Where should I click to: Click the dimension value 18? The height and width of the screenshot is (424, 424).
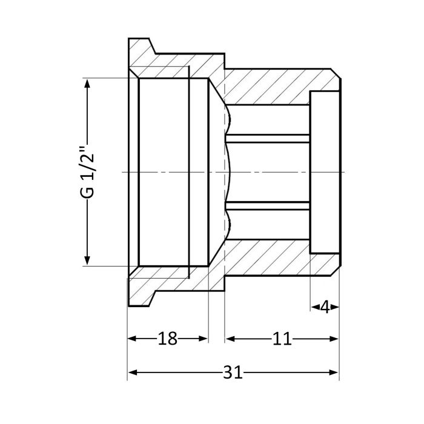pos(167,339)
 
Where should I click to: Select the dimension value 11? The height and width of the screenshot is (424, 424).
pos(282,339)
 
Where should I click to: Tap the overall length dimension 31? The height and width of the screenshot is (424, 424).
pos(232,373)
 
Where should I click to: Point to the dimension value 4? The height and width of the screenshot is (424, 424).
pos(325,307)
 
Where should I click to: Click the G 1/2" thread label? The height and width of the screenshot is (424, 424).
pos(88,172)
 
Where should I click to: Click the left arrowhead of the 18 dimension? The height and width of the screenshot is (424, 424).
pos(132,339)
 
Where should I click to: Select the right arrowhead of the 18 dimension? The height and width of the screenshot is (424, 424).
pos(204,339)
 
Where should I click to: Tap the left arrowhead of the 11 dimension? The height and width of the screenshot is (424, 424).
pos(230,339)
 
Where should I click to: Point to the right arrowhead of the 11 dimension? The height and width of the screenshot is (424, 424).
pos(334,339)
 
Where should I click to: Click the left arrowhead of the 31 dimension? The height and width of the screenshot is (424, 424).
pos(132,373)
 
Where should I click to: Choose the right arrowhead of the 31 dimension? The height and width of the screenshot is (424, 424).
pos(334,373)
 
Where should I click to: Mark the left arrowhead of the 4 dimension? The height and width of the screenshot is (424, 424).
pos(314,307)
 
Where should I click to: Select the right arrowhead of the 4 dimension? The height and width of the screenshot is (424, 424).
pos(335,307)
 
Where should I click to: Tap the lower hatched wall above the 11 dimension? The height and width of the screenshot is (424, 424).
pos(273,257)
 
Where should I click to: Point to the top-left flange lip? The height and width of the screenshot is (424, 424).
pos(141,48)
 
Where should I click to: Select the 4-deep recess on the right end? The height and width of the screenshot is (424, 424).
pos(324,172)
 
